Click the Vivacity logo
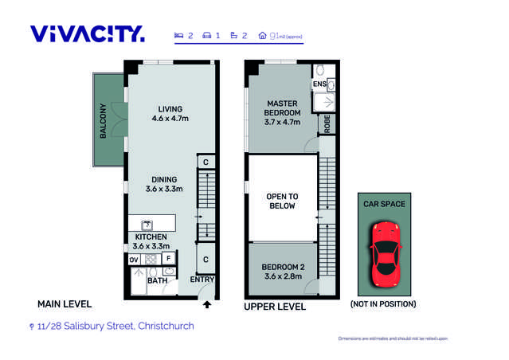87,33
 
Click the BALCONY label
103,122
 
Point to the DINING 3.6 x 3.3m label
164,184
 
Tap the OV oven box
134,259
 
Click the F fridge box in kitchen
168,259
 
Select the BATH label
157,280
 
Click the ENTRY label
202,280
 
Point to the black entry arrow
207,303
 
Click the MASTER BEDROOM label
283,108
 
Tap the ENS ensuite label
319,84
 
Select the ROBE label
327,123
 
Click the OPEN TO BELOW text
282,201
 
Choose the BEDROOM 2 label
282,272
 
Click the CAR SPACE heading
385,204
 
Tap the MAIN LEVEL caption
65,304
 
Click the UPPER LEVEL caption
274,307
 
